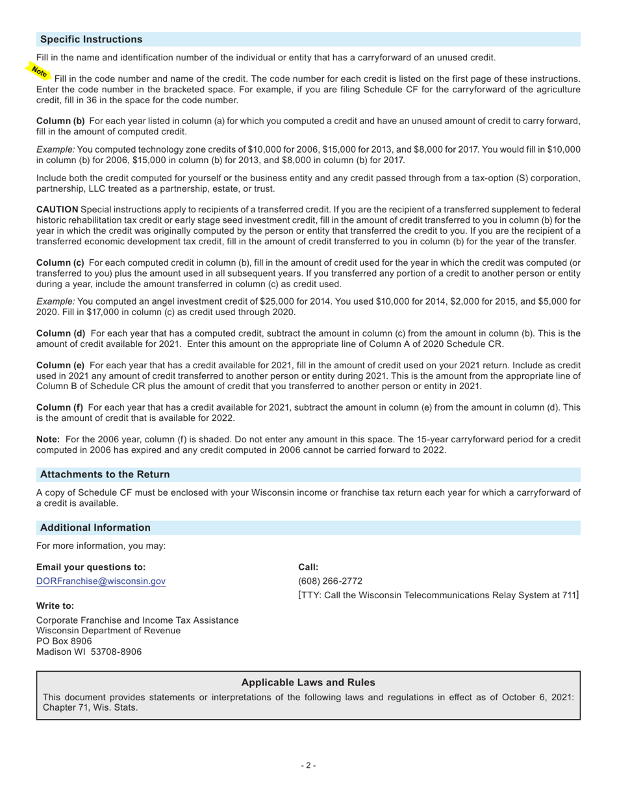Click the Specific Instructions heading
(x=91, y=40)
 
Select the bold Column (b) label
(x=60, y=121)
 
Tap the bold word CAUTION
(x=57, y=209)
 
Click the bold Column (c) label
(x=60, y=262)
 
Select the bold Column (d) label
(x=60, y=333)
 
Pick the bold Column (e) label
(x=60, y=365)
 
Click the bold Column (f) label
(x=60, y=407)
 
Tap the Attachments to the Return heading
(x=105, y=474)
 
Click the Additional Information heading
(x=95, y=527)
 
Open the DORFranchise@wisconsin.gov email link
(x=101, y=581)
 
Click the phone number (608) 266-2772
(x=330, y=581)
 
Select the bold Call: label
(x=308, y=567)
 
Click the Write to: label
(x=55, y=605)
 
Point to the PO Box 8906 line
(x=64, y=641)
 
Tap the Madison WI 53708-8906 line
(x=89, y=652)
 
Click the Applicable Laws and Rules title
(x=308, y=683)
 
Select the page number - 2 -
(x=308, y=765)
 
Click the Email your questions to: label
(x=91, y=567)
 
